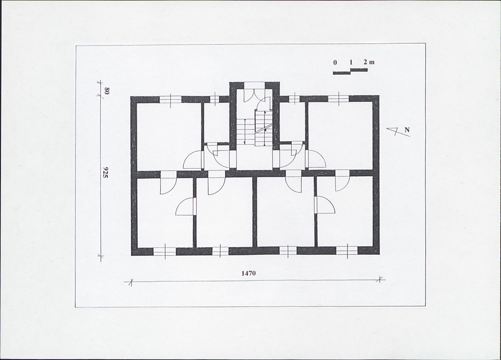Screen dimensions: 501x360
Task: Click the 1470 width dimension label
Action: pos(248,273)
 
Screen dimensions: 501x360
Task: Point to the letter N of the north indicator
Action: pos(407,130)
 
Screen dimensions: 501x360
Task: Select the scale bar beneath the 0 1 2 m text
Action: pos(350,71)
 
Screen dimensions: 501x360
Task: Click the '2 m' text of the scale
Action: pos(369,62)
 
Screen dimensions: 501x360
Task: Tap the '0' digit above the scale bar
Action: pos(335,63)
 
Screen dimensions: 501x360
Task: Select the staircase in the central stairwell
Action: pos(254,128)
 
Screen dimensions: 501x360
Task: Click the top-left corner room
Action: pos(169,136)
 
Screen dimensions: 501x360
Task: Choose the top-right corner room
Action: pos(340,135)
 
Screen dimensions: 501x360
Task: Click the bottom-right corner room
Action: pos(345,211)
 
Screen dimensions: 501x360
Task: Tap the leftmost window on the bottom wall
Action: pos(165,251)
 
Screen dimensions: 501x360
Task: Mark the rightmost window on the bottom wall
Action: pos(347,251)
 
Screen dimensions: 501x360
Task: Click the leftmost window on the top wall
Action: pos(170,99)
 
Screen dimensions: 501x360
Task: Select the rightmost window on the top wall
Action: pos(339,99)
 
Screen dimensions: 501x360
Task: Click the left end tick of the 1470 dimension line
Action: pos(130,282)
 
